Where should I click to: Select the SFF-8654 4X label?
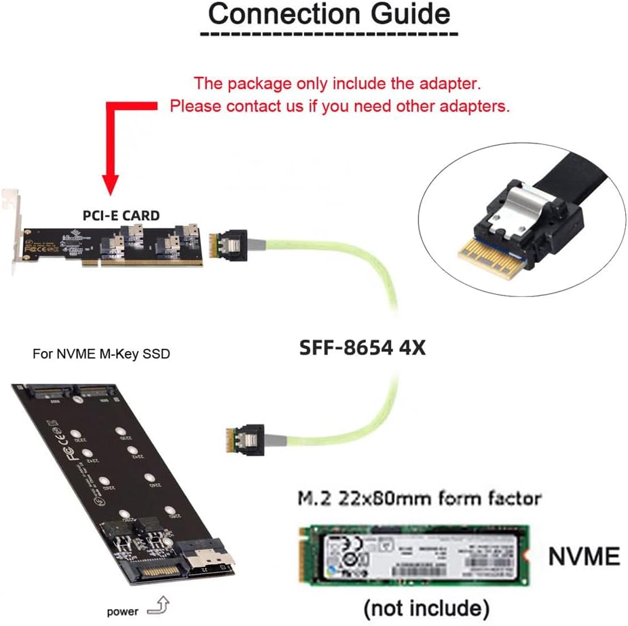(363, 347)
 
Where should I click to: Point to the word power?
(123, 610)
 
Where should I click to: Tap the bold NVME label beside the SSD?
(583, 556)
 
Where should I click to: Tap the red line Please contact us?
(339, 106)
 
